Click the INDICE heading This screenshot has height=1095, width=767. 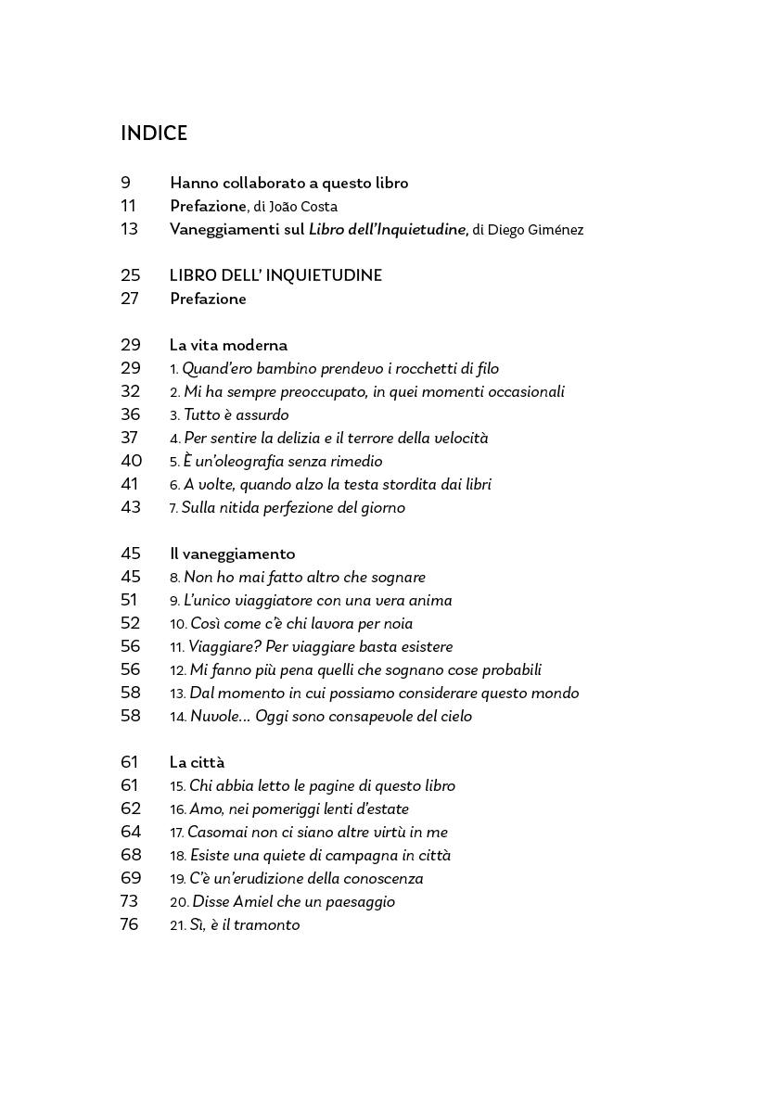tap(154, 134)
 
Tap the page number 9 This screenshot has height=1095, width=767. tap(126, 183)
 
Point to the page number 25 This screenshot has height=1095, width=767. tap(130, 275)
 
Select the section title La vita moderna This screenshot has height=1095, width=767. tap(228, 345)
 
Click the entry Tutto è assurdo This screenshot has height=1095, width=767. tap(236, 415)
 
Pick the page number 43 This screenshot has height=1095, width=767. tap(130, 507)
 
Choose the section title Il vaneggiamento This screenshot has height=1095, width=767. tap(232, 554)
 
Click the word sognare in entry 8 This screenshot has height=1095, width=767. tap(396, 578)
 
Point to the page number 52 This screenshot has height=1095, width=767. tap(130, 623)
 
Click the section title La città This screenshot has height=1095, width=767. tap(197, 762)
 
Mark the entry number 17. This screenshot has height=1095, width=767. tap(177, 833)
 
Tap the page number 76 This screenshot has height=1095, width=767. tap(130, 924)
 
